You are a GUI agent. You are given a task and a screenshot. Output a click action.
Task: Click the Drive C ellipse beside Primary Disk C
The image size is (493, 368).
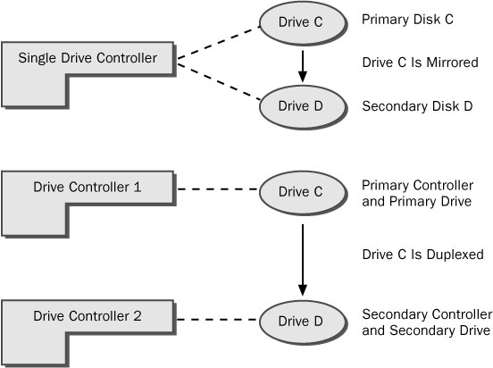click(303, 22)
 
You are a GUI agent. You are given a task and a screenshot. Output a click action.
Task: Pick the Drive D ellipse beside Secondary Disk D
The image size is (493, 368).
click(303, 106)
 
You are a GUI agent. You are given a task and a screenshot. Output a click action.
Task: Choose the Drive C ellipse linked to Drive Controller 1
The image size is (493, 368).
click(303, 193)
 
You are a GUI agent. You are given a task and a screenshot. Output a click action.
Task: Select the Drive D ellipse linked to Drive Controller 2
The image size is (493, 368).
click(303, 322)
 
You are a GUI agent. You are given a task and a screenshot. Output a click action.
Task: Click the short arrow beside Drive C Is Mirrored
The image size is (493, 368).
click(303, 66)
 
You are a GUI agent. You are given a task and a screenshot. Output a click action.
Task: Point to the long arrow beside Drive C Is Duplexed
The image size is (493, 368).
click(303, 260)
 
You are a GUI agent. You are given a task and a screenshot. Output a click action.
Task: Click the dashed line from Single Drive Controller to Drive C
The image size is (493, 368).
click(218, 43)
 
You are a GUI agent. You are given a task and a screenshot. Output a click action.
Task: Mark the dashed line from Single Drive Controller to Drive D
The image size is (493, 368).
click(219, 82)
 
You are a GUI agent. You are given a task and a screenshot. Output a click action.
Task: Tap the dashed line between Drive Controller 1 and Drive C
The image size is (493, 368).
click(217, 189)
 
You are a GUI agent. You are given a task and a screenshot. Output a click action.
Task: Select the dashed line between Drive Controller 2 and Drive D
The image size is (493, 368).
click(217, 320)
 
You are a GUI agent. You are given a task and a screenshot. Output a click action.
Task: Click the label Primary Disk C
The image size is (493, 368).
click(407, 20)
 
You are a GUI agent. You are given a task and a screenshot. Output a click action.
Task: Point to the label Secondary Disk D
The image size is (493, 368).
click(417, 106)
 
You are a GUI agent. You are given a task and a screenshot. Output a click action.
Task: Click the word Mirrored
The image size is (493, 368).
click(452, 63)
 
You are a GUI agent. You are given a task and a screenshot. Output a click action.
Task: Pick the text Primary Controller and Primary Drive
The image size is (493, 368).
click(418, 194)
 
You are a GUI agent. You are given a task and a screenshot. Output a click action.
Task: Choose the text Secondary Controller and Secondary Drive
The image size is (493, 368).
click(427, 322)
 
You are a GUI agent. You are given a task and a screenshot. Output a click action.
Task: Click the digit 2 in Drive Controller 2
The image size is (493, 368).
click(138, 316)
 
